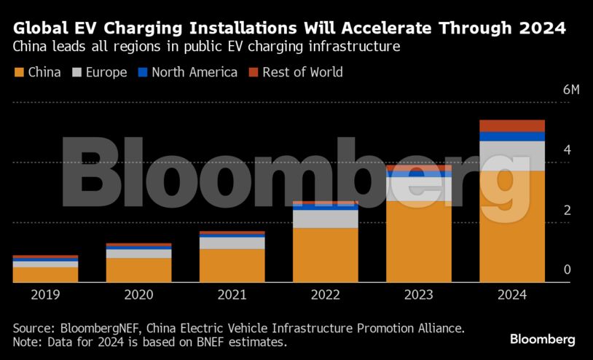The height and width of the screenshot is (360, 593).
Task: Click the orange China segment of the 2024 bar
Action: coord(512,226)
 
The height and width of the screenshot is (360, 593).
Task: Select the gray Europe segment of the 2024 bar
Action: coord(512,155)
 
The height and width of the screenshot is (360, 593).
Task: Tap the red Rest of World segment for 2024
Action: coord(512,125)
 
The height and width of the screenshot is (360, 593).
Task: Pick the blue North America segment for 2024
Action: coord(512,136)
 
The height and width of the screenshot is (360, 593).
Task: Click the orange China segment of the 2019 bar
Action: coord(45,274)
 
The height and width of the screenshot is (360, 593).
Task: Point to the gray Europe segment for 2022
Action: coord(325,219)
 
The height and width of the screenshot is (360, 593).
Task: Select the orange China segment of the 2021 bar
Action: coord(232,265)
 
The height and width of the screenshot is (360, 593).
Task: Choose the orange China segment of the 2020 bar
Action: coord(138,270)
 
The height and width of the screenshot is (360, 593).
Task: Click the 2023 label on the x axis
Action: coord(418,295)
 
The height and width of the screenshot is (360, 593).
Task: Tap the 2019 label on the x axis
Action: coord(45,295)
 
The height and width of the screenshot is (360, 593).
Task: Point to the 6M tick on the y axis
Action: coord(571,90)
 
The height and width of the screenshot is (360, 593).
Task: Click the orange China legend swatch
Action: coord(19,72)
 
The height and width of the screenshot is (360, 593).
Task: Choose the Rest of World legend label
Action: coord(302,72)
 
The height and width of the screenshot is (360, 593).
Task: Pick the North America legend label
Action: coord(195,72)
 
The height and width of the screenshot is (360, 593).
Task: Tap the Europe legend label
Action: coord(106,72)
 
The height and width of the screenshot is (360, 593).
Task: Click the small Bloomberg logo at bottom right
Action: coord(542,340)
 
